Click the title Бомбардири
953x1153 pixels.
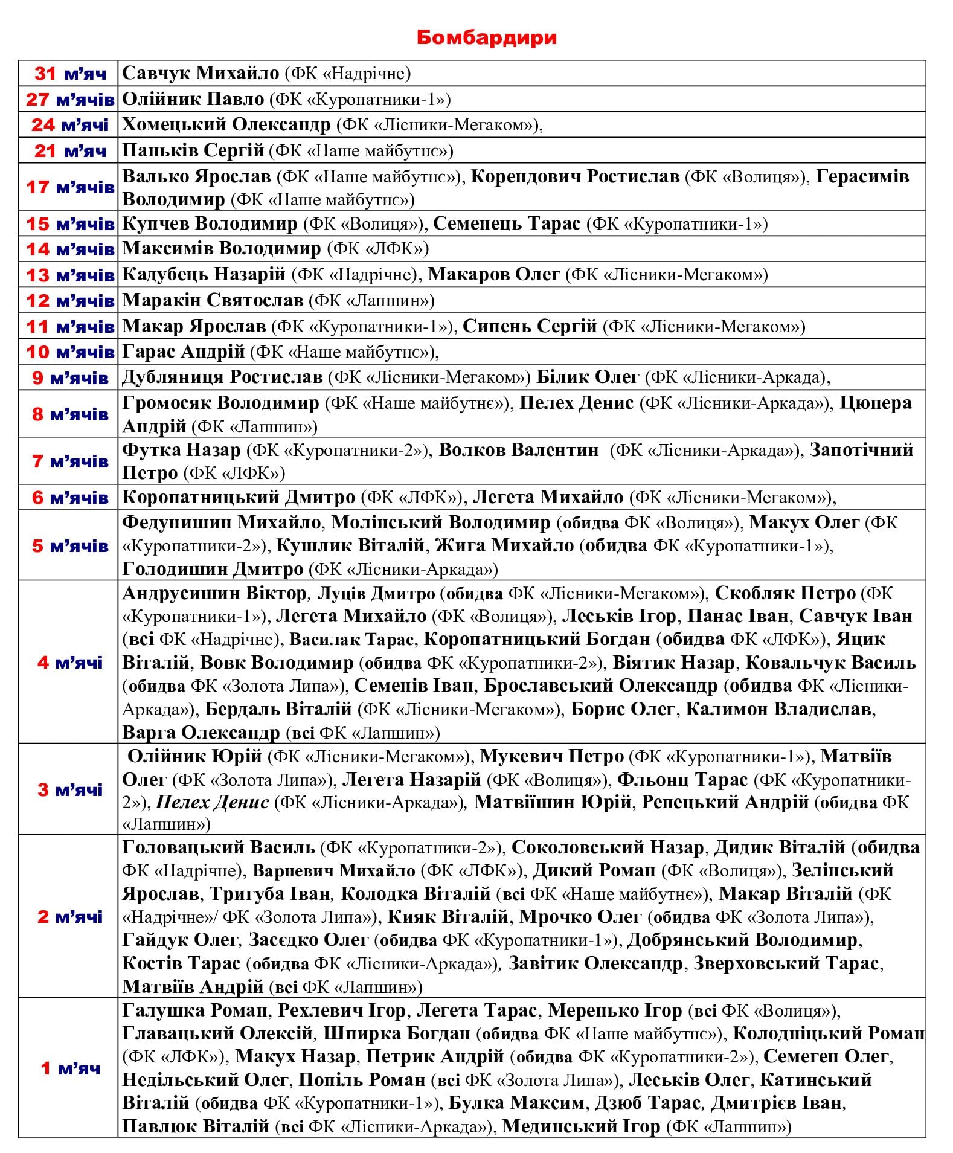486,37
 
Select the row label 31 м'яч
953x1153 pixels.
70,74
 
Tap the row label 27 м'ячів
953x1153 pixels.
70,100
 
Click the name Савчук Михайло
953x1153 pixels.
201,73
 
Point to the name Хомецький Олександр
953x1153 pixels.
226,124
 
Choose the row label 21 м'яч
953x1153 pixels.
70,151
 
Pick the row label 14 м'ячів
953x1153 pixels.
70,249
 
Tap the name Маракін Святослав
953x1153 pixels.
213,300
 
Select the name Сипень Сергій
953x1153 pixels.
530,326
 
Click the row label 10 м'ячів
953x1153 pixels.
70,352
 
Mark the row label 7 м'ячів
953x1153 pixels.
70,461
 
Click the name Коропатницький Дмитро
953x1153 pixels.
239,497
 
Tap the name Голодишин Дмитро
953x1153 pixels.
213,569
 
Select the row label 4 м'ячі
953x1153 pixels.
70,663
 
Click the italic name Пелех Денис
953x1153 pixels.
212,802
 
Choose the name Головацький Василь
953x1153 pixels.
219,847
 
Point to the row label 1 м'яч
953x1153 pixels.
70,1068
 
